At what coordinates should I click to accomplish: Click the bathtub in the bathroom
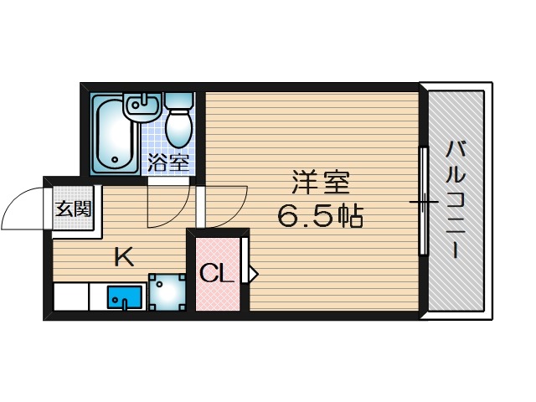coord(112,134)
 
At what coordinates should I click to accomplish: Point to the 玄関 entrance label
coord(74,209)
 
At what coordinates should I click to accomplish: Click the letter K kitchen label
coord(124,256)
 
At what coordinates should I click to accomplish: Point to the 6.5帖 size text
coord(319,218)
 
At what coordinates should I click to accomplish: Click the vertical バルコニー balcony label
coord(456,201)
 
